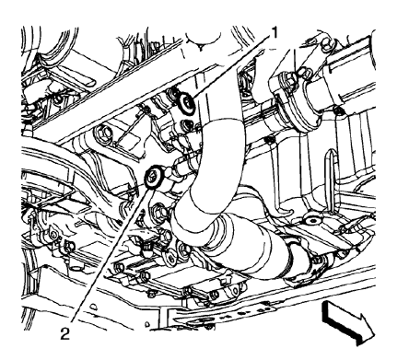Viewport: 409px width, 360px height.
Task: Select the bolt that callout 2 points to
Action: (153, 176)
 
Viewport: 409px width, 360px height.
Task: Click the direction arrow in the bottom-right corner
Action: (345, 324)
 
